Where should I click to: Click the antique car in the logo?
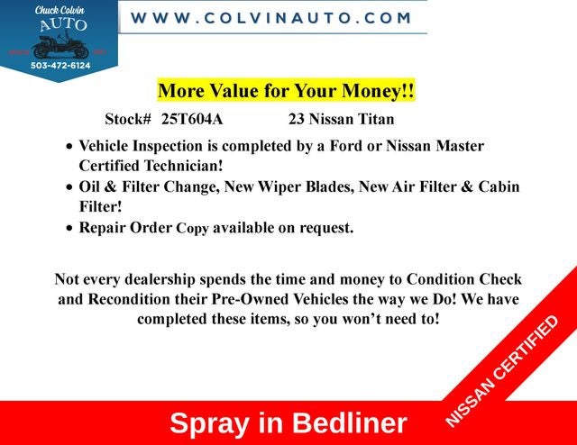point(60,46)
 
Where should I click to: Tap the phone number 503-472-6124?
point(60,66)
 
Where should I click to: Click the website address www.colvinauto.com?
point(270,18)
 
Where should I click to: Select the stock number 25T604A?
point(192,119)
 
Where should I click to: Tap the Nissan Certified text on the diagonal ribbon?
point(501,371)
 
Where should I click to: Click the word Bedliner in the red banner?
point(350,423)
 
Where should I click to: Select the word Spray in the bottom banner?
point(209,424)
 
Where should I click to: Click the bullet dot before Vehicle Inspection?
point(69,146)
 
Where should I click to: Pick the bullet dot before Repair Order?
point(69,228)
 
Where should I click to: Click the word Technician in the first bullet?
point(183,166)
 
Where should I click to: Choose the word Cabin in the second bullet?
point(499,186)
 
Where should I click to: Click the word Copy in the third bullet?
point(192,229)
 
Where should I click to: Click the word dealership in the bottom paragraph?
point(160,280)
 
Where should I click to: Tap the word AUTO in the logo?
point(63,24)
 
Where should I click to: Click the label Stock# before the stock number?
point(128,119)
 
